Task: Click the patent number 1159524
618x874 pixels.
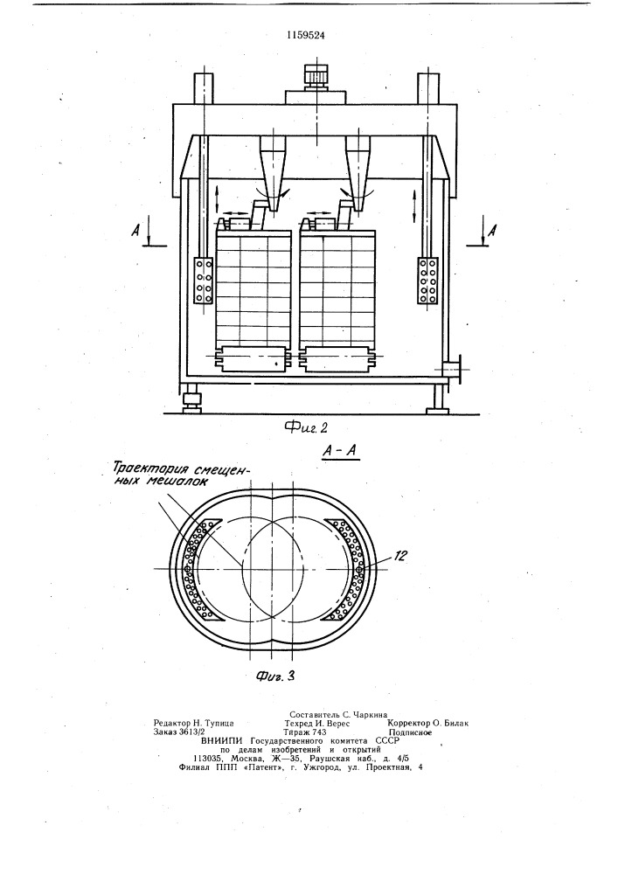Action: [x=306, y=35]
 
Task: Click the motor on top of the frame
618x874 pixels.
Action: [x=316, y=76]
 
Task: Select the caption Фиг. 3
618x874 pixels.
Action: [x=274, y=676]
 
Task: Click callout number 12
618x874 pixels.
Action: [x=401, y=555]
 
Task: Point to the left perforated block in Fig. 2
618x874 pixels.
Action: [x=203, y=281]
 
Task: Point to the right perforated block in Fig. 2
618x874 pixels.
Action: [x=428, y=281]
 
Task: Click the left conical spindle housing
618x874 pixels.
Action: [x=273, y=172]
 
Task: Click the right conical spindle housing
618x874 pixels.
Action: [x=358, y=172]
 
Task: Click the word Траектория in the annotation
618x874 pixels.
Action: [x=146, y=466]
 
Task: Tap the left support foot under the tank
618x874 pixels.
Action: [x=193, y=400]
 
